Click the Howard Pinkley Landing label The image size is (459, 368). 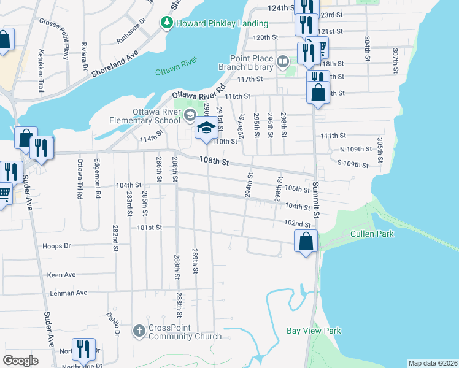[x=222, y=23]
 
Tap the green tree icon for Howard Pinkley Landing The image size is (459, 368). [x=166, y=23]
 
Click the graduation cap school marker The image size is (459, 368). [x=207, y=129]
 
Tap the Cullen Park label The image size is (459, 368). [x=372, y=234]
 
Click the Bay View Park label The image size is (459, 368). [x=314, y=331]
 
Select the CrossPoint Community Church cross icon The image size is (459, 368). [x=139, y=331]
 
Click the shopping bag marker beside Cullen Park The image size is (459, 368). [x=306, y=240]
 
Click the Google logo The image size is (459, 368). [x=20, y=361]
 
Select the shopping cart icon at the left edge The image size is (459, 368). [x=3, y=194]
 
